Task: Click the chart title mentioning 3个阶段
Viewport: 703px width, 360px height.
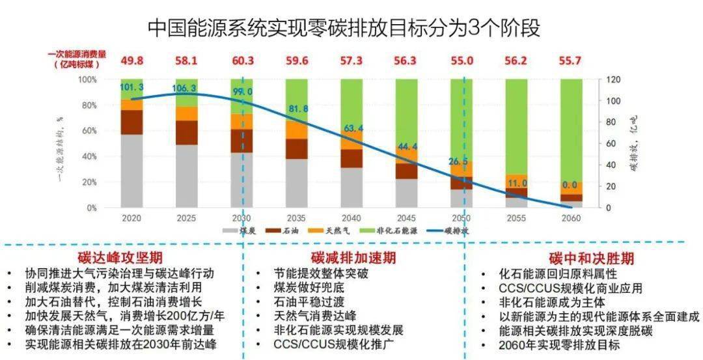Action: (344, 27)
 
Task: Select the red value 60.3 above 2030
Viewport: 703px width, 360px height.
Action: (241, 61)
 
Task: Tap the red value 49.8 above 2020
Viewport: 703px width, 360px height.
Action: (131, 61)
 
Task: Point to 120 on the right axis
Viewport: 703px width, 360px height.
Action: (607, 79)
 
